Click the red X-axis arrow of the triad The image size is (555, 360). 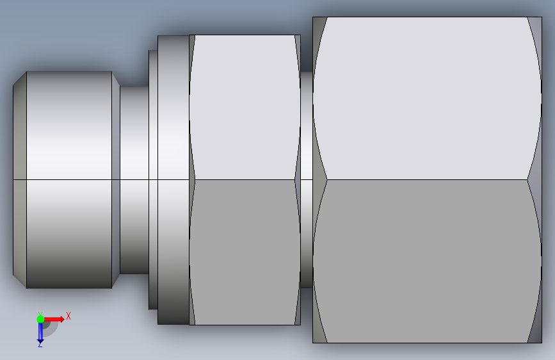pos(53,319)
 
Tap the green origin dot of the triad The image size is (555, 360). pos(40,319)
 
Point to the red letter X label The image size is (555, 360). pos(68,316)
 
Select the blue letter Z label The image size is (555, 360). pos(40,344)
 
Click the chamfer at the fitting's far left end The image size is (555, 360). pos(20,179)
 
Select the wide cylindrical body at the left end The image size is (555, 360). pos(69,179)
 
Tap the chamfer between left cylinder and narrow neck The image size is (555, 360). pos(116,179)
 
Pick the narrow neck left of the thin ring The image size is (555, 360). pos(134,179)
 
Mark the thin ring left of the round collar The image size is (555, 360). pos(153,179)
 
